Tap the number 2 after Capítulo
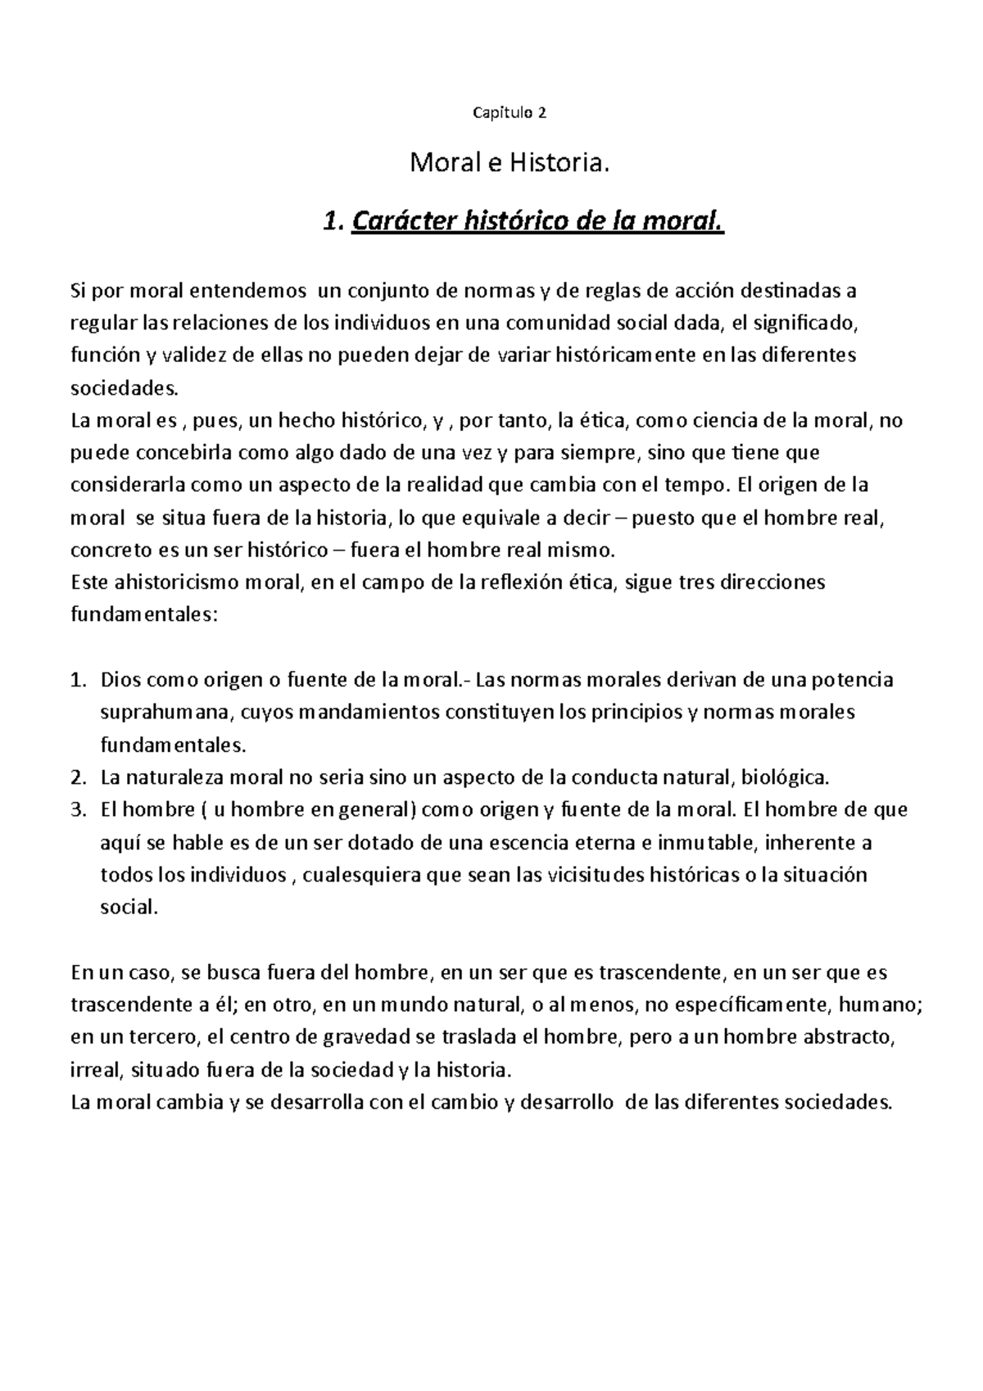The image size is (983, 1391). pos(542,113)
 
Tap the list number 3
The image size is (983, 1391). pos(77,810)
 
